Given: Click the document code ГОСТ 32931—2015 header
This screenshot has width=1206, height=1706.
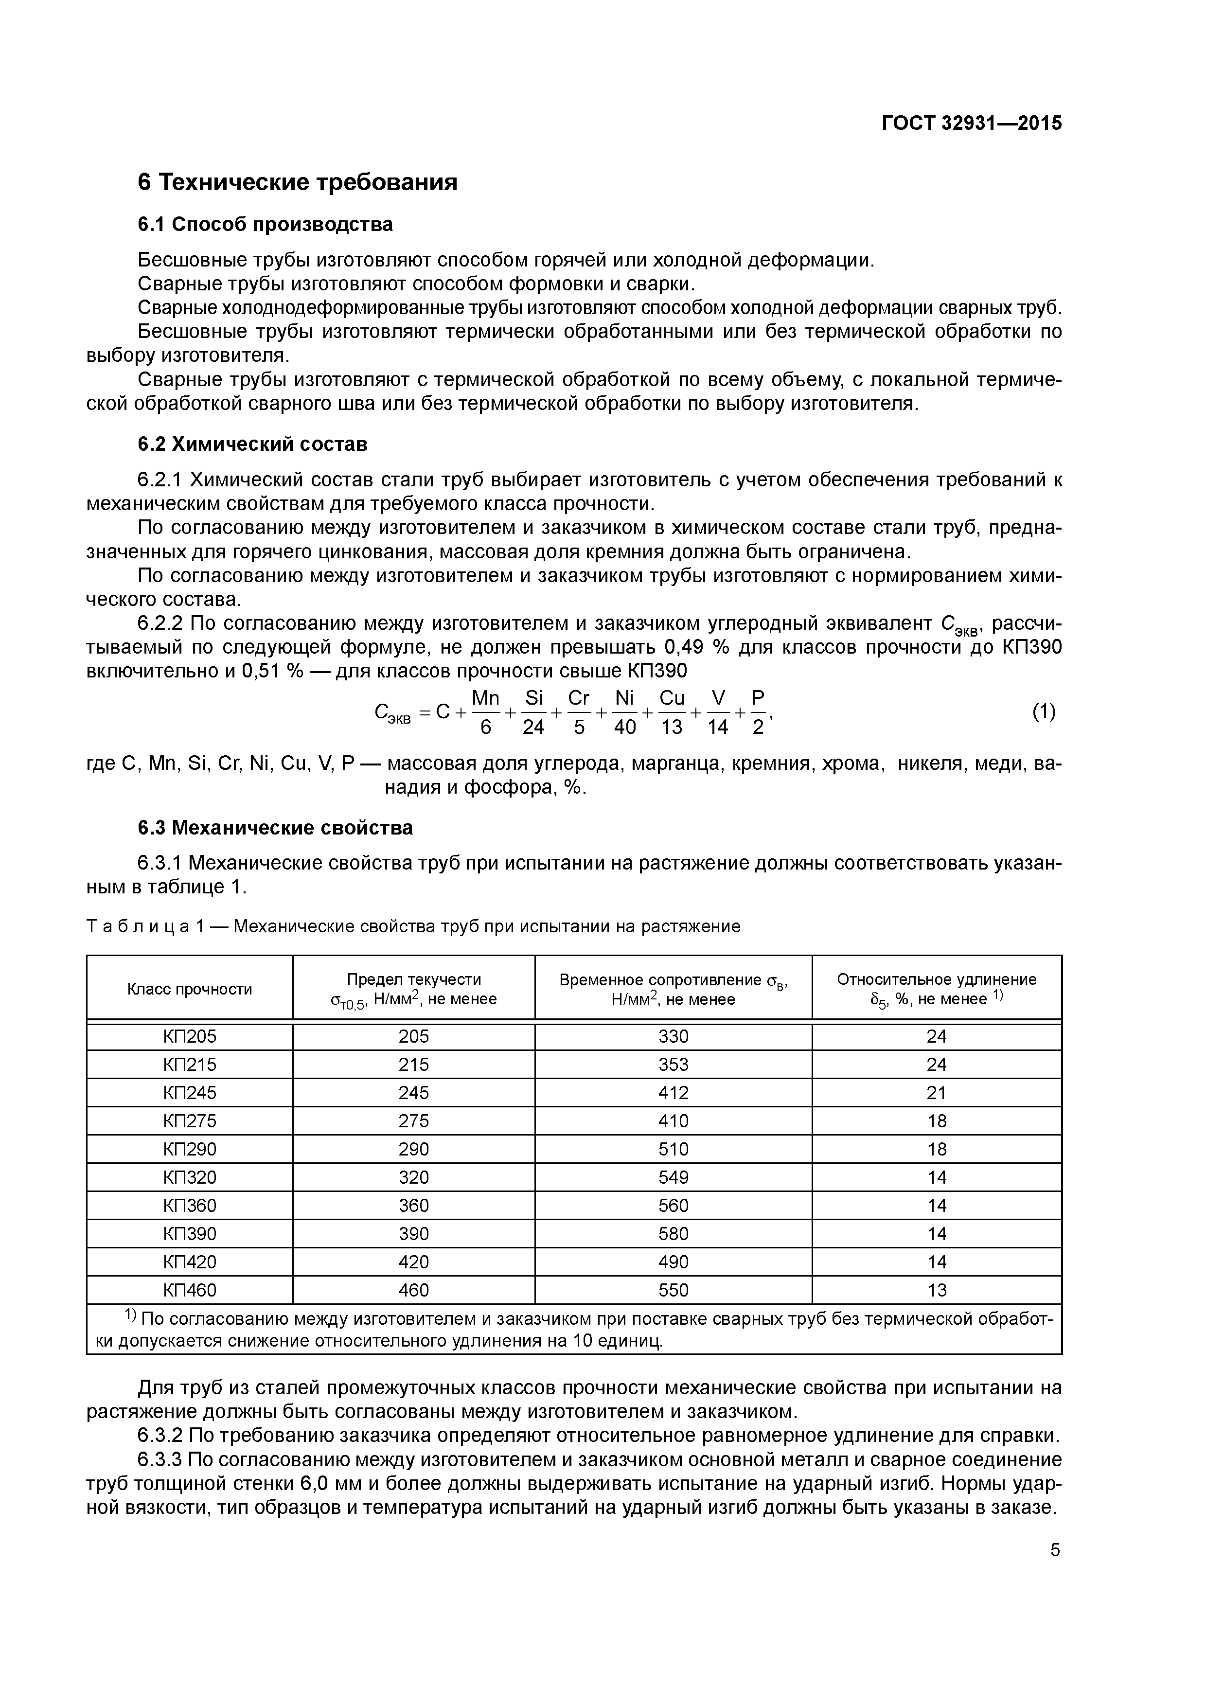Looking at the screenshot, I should [x=971, y=124].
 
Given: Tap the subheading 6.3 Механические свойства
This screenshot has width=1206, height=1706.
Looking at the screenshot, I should [x=275, y=827].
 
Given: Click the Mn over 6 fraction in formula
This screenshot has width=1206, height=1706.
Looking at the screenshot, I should [x=486, y=712].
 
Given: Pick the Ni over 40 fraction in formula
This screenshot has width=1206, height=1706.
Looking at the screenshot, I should [x=625, y=712].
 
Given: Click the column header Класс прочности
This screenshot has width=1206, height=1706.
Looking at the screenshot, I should [x=190, y=989].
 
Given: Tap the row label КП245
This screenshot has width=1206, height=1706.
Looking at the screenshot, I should [x=190, y=1092].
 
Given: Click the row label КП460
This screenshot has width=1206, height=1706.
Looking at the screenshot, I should [x=190, y=1290].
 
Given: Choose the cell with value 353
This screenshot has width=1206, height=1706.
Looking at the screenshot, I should [x=673, y=1064].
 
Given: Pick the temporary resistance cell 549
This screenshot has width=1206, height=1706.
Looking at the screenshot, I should [x=673, y=1177].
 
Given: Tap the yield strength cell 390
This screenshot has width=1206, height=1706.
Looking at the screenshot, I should [x=414, y=1233].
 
